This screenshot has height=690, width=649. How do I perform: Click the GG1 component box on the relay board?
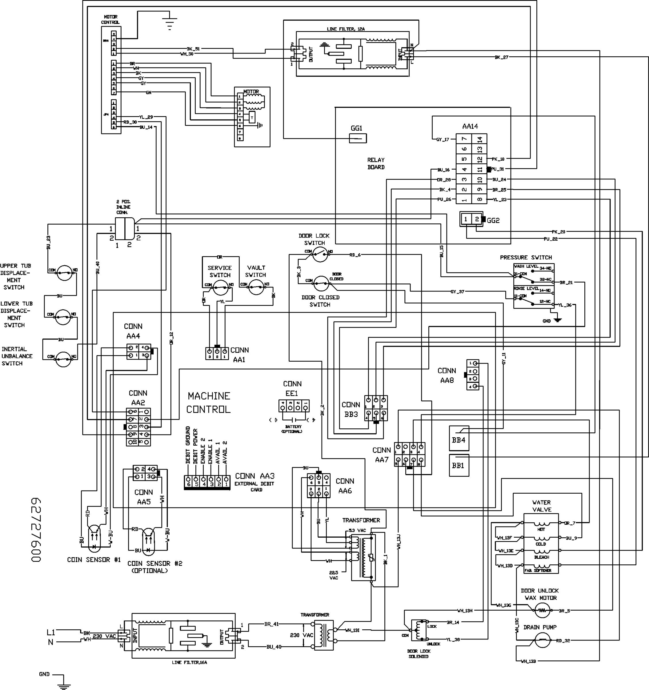[x=358, y=138]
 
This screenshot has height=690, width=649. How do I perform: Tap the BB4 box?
[x=459, y=440]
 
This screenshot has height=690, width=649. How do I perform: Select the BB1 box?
[x=459, y=465]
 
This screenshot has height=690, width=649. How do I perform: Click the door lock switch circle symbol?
[x=320, y=255]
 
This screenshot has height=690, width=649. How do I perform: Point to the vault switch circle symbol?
[x=256, y=287]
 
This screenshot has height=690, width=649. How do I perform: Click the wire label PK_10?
[x=498, y=159]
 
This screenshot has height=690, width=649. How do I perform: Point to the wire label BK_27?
[x=502, y=57]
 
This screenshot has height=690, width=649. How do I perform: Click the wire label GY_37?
[x=457, y=292]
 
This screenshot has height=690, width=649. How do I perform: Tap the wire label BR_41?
[x=271, y=624]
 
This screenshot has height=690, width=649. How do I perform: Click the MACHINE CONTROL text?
[x=209, y=402]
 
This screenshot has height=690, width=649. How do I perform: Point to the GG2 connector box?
[x=471, y=219]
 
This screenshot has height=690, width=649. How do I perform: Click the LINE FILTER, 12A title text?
[x=346, y=29]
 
